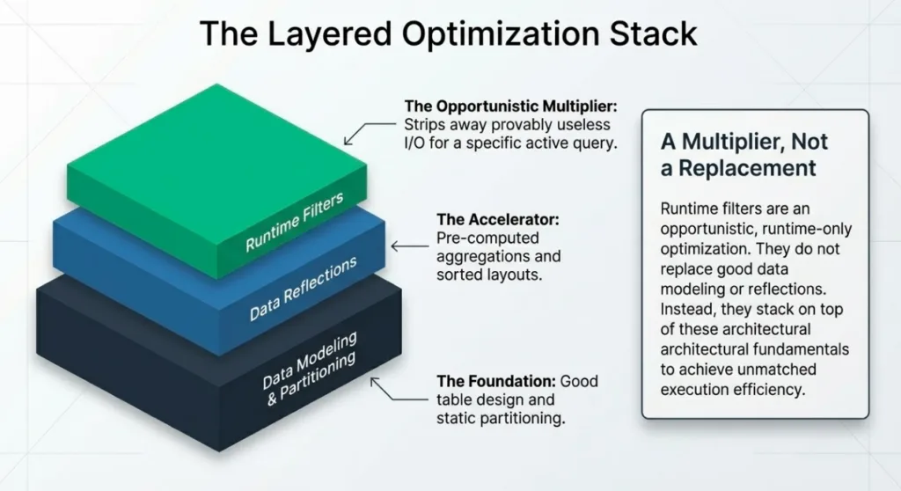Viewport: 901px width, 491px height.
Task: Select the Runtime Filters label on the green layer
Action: coord(295,224)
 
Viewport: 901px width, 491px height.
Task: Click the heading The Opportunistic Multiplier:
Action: coord(501,106)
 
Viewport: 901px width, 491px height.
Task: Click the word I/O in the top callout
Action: coord(416,143)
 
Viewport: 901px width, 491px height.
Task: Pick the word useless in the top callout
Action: coord(581,125)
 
